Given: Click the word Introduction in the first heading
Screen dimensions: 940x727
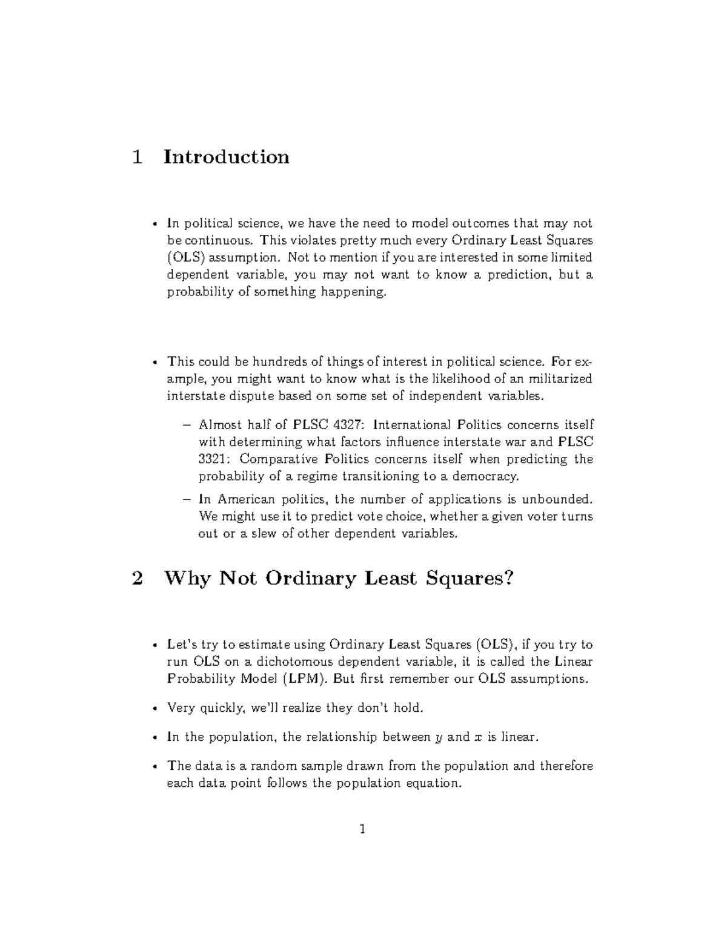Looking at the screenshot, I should [x=226, y=157].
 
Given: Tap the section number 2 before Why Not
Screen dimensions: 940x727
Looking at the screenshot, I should [x=137, y=579].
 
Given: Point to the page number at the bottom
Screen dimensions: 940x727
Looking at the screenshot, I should [x=362, y=829].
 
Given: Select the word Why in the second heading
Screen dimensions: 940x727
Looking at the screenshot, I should [x=187, y=579].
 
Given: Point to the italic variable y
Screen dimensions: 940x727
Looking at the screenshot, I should [x=439, y=738].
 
